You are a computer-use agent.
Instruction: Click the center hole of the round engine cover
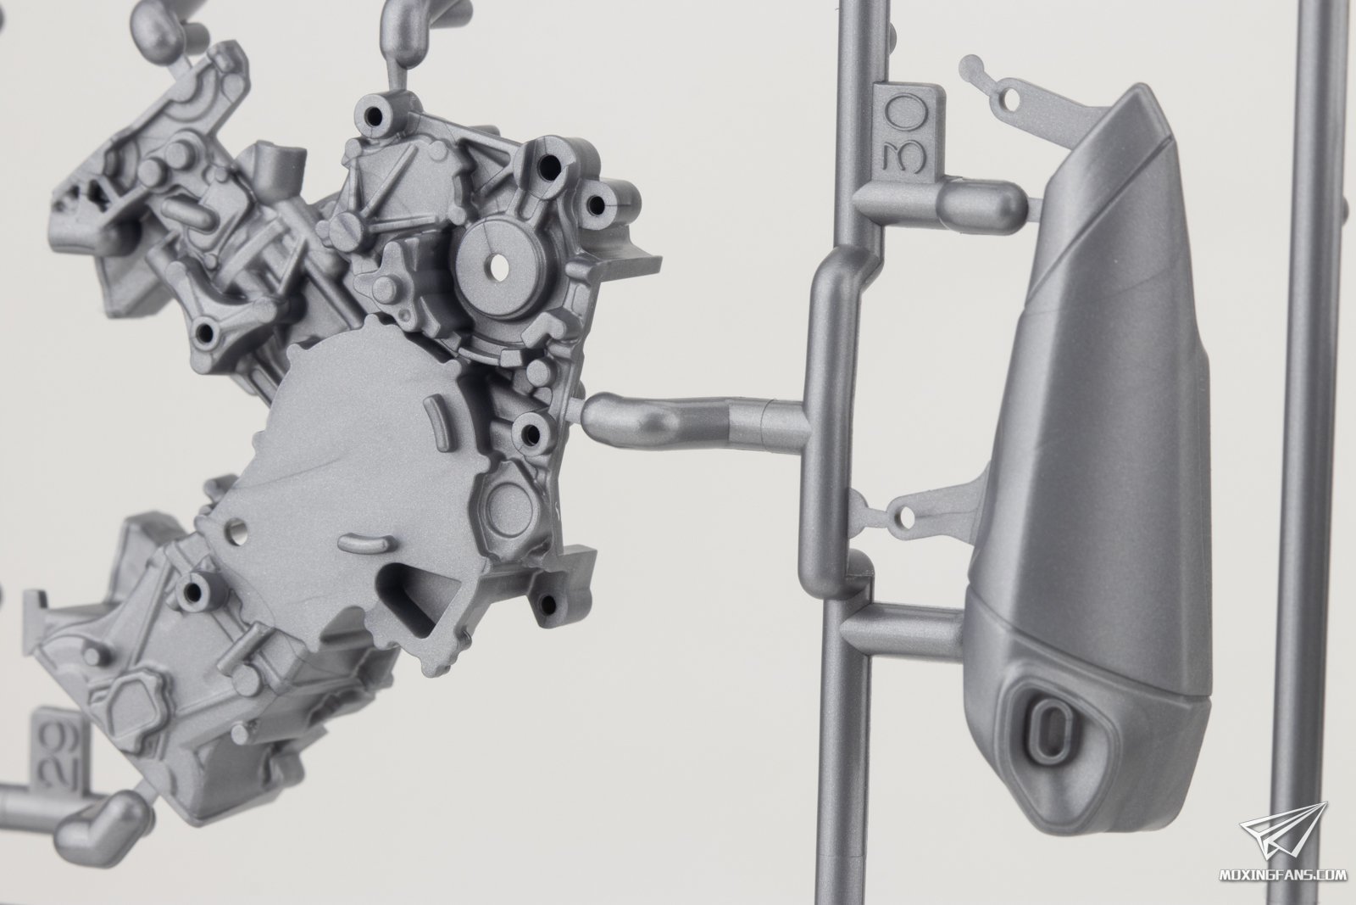(499, 265)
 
